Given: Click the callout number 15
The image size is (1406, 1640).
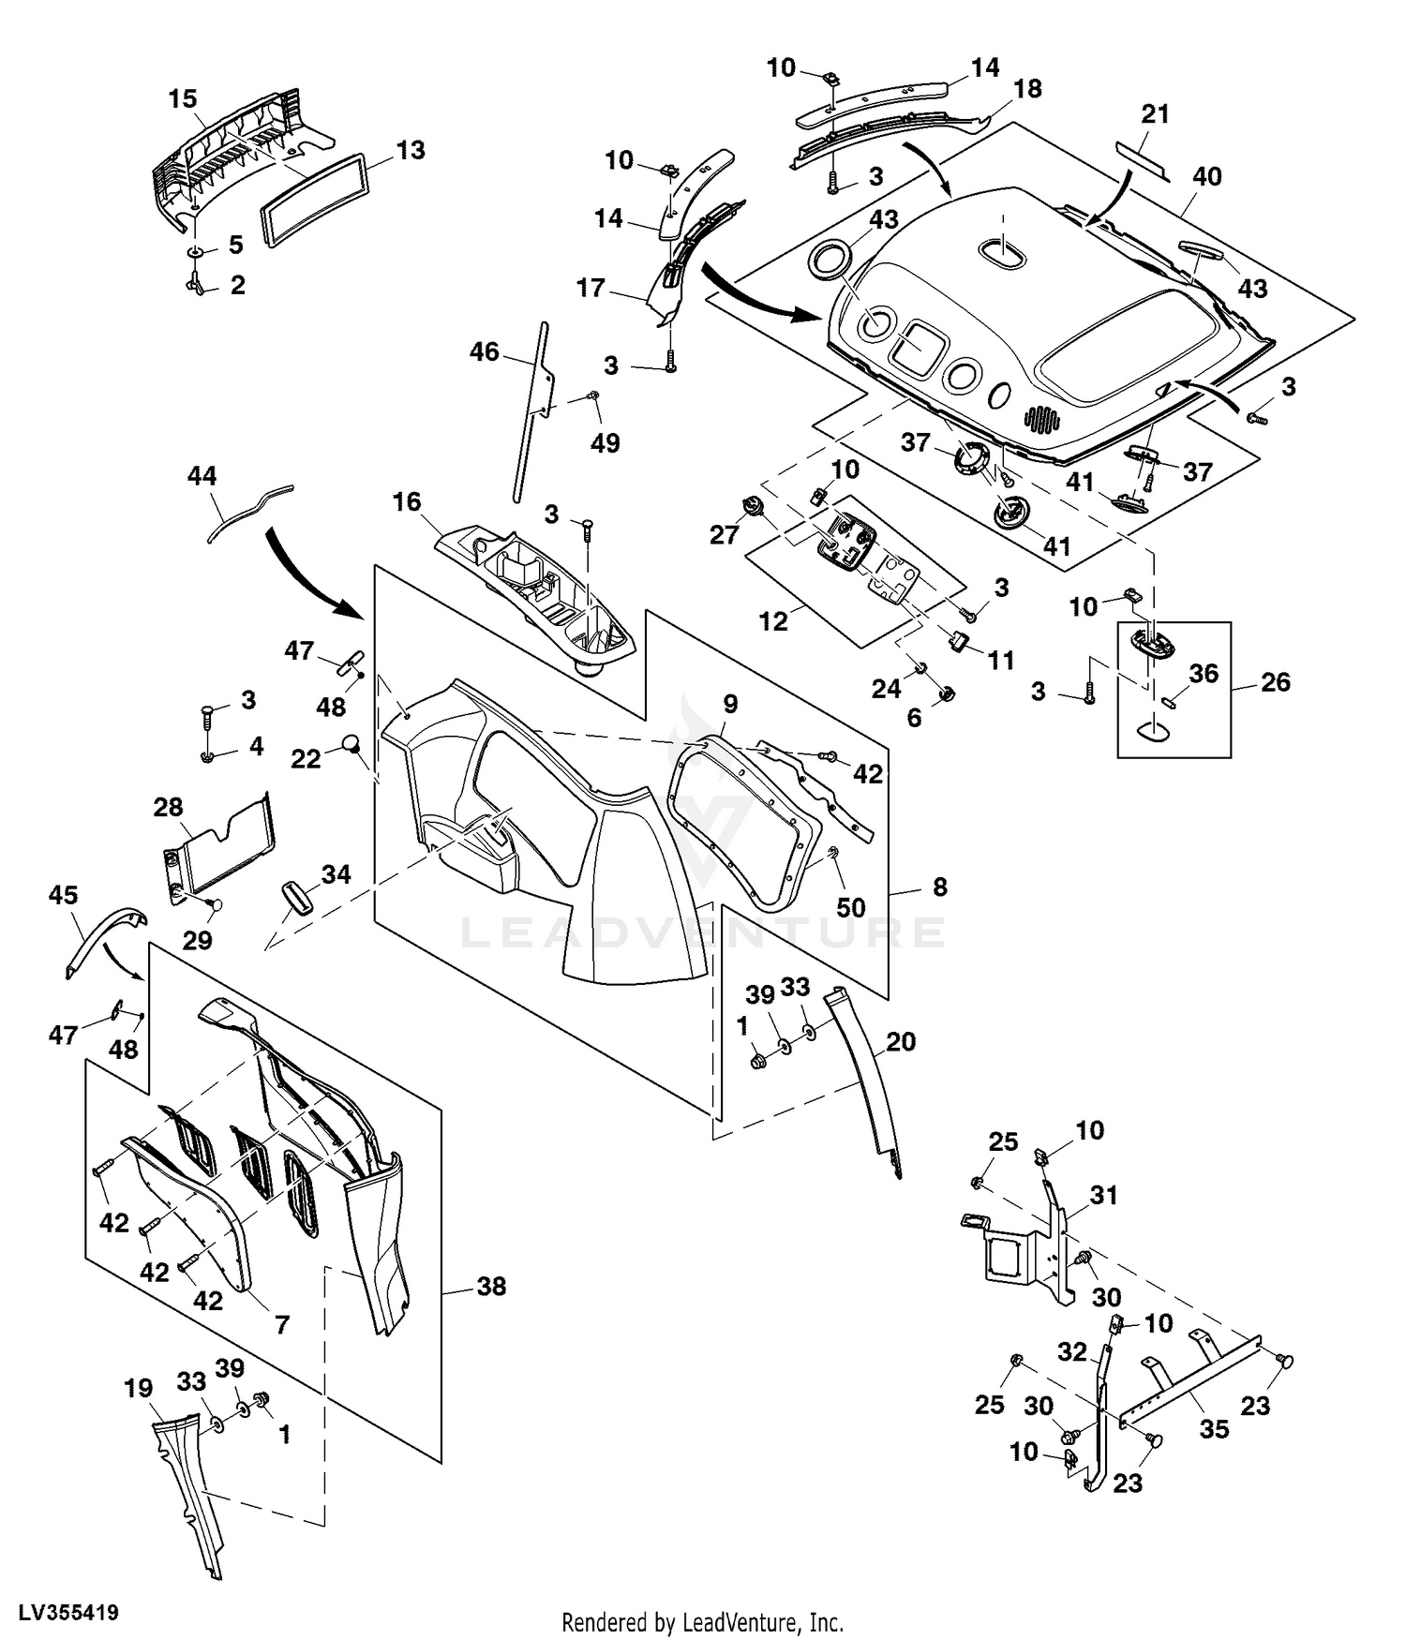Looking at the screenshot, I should pyautogui.click(x=183, y=98).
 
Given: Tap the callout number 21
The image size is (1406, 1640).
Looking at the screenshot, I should pyautogui.click(x=1155, y=114).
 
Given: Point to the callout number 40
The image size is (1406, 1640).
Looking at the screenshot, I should pyautogui.click(x=1207, y=176).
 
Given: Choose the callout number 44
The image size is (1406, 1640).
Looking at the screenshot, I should pyautogui.click(x=202, y=476).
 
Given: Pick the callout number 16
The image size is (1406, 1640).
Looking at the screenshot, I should pyautogui.click(x=407, y=502).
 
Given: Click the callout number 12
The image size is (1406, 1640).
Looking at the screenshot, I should pyautogui.click(x=773, y=620).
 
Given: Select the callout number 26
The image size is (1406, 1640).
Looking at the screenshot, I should pyautogui.click(x=1275, y=682).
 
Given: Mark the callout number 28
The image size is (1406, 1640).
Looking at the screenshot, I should pyautogui.click(x=169, y=807).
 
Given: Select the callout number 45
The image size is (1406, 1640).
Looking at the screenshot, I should pyautogui.click(x=63, y=895).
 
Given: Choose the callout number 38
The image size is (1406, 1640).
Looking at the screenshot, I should pyautogui.click(x=491, y=1286).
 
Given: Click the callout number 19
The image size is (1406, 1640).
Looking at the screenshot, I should pyautogui.click(x=139, y=1387).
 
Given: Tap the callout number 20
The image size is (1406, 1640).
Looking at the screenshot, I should pyautogui.click(x=901, y=1041).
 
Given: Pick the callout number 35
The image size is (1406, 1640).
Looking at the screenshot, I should pyautogui.click(x=1214, y=1429).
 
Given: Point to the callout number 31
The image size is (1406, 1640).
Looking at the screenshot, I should pyautogui.click(x=1104, y=1196).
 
